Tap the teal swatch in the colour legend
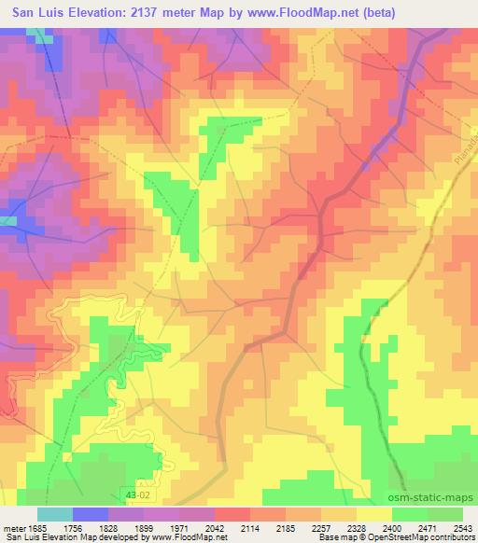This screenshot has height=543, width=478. click(x=55, y=514)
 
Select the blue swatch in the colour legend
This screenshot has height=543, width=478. click(x=91, y=514)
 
